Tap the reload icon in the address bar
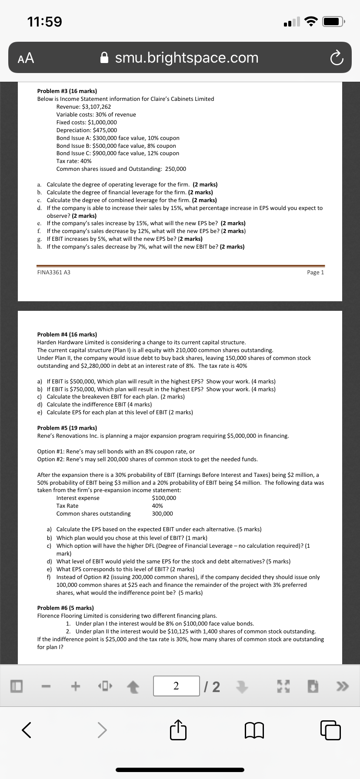336,58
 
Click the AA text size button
26,58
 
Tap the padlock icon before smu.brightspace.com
104,58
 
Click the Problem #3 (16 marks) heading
67,91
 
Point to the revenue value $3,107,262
96,107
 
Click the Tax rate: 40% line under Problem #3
74,161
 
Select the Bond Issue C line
117,153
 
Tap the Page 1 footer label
315,273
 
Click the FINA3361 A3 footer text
53,273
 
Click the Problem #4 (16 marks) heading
67,334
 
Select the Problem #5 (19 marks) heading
67,428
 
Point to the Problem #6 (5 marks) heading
65,608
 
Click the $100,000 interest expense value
164,498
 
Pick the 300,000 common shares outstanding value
162,513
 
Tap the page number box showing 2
176,686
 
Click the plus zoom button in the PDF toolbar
76,686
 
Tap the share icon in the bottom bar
178,730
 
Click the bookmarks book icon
254,730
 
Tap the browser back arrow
27,730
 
